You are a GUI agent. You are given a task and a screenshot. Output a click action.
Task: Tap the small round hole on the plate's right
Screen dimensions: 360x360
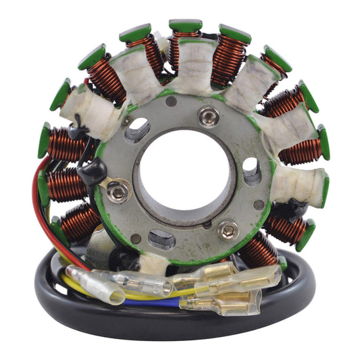[x=259, y=204]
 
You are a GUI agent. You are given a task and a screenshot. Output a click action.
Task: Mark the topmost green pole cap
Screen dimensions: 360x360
[x=185, y=26]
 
